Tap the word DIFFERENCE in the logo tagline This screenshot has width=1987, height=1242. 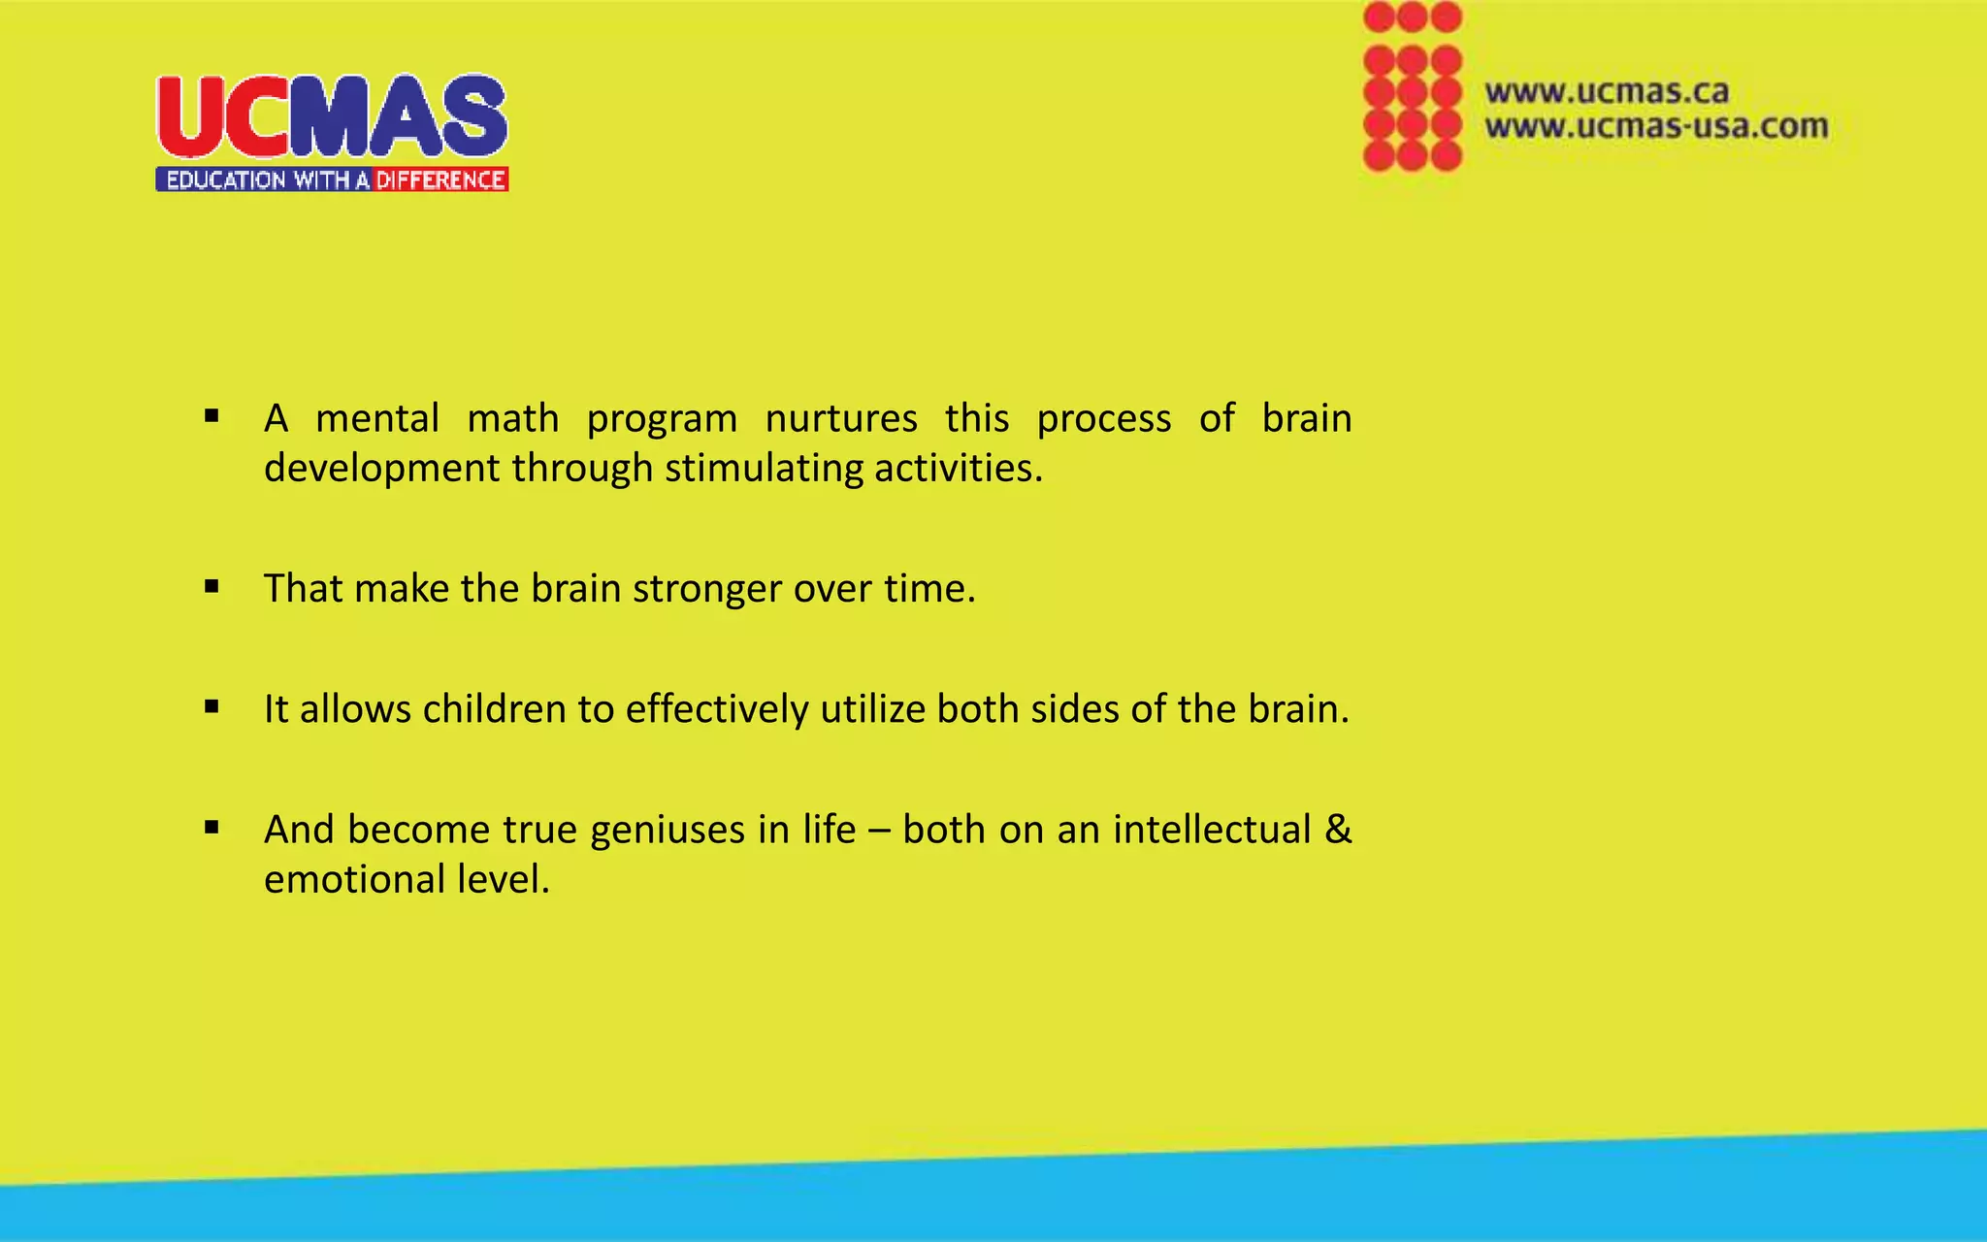click(x=440, y=180)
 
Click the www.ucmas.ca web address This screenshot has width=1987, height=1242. click(x=1607, y=92)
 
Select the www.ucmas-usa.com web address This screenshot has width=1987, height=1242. click(x=1656, y=126)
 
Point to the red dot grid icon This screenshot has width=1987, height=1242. click(x=1412, y=87)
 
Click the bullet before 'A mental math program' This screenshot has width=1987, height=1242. click(x=212, y=417)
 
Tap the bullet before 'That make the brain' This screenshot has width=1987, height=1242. click(x=212, y=587)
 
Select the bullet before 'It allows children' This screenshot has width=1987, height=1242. click(x=212, y=707)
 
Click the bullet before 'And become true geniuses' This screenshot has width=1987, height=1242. click(x=212, y=828)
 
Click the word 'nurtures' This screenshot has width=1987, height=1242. click(x=841, y=419)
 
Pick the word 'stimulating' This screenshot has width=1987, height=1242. click(x=764, y=469)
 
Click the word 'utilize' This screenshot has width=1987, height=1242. click(x=873, y=709)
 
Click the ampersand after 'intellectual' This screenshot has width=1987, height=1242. click(x=1338, y=830)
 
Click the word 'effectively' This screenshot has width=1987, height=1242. click(x=717, y=709)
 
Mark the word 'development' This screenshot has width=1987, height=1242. click(x=382, y=469)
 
